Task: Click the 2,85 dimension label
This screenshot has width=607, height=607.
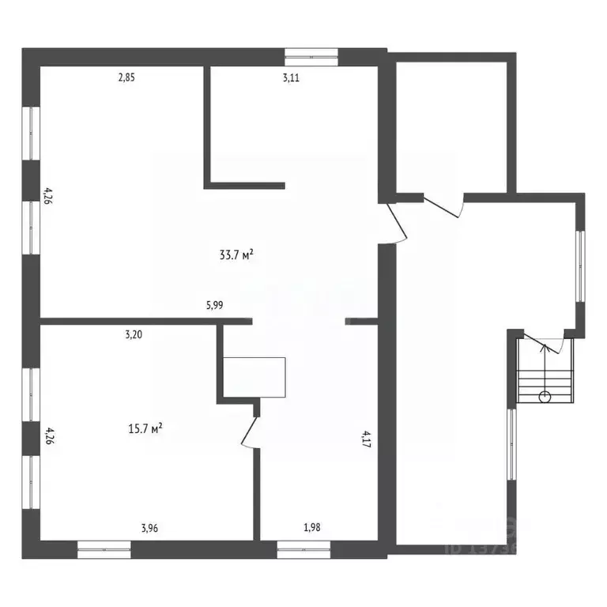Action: click(x=127, y=77)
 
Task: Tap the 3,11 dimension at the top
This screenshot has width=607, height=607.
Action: click(x=292, y=77)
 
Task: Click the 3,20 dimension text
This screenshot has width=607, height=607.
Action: click(x=134, y=334)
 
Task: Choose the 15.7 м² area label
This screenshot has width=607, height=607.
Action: click(x=145, y=428)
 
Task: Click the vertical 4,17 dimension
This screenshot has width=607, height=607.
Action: click(x=365, y=439)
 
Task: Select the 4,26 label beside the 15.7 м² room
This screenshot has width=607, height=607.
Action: click(x=49, y=437)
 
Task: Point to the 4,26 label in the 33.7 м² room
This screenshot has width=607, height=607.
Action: click(x=49, y=196)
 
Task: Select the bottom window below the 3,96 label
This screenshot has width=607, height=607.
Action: click(x=104, y=545)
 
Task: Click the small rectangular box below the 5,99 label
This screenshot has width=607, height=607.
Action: click(x=254, y=375)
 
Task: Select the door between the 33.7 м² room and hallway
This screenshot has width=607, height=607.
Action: click(x=396, y=223)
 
